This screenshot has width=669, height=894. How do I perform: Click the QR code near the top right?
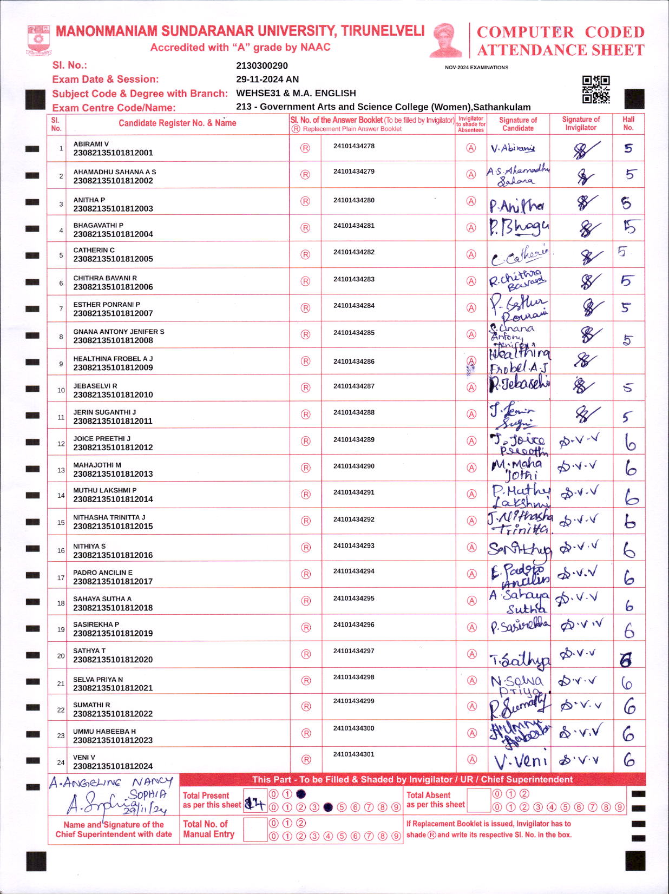tap(595, 89)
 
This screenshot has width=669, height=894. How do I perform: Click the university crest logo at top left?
tap(38, 40)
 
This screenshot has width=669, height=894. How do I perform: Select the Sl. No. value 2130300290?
tap(262, 66)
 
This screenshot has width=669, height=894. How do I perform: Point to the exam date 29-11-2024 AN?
tap(267, 79)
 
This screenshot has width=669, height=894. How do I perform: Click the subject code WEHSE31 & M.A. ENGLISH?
tap(296, 93)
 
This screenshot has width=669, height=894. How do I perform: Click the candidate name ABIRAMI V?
tap(91, 144)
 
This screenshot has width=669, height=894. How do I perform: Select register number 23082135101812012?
tap(113, 448)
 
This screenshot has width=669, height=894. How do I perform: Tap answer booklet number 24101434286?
tap(354, 361)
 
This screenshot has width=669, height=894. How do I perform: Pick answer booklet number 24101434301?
tap(354, 754)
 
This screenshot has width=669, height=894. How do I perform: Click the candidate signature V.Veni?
tap(520, 761)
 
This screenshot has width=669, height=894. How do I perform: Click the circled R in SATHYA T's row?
tap(306, 654)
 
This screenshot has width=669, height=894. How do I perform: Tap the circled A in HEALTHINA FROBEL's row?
tap(471, 361)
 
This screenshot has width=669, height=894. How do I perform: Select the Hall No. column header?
tap(628, 123)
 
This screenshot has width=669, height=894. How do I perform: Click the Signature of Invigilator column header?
tap(581, 123)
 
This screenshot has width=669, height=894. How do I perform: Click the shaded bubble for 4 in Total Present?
tap(328, 807)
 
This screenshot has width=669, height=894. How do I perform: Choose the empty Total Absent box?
tap(478, 800)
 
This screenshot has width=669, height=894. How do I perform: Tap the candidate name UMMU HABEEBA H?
tap(104, 731)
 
